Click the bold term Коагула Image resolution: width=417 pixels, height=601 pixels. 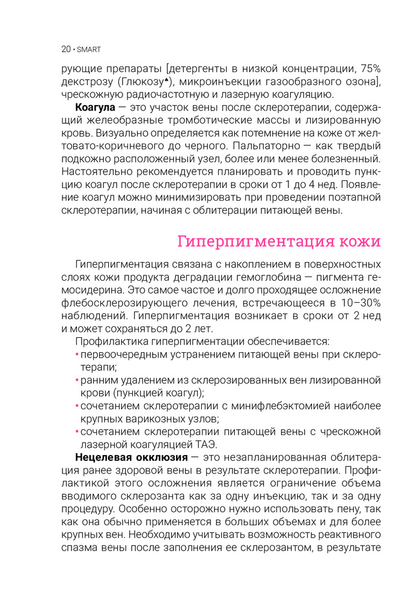pos(95,107)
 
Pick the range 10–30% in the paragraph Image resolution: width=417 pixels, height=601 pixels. pos(361,302)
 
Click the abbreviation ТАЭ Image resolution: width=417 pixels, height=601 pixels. pos(205,444)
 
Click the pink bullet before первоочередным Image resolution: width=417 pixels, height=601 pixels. pos(77,354)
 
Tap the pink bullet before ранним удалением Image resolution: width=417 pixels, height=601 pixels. pos(77,380)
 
